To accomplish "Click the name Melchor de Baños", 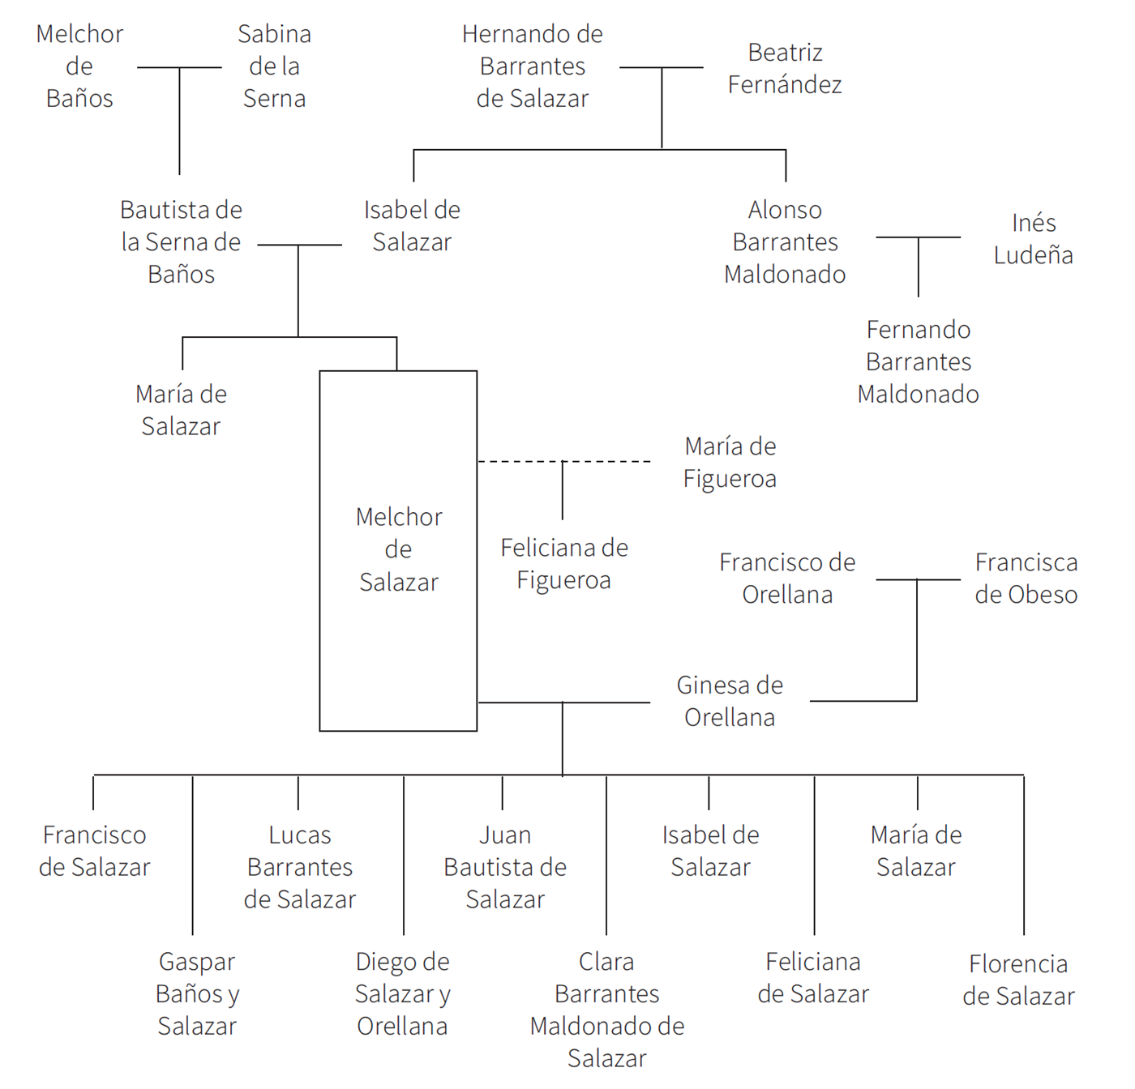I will [x=79, y=66].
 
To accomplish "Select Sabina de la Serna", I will [x=274, y=66].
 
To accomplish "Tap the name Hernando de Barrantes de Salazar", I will [x=533, y=66].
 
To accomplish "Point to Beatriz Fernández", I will [x=785, y=68].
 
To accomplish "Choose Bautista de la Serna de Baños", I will [x=181, y=242].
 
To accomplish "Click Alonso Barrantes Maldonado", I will [x=785, y=242].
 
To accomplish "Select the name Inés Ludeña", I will [x=1033, y=239].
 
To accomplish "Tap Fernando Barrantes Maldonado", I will [x=919, y=361].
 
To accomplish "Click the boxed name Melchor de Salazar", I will [x=399, y=549].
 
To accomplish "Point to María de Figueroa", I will [x=730, y=463].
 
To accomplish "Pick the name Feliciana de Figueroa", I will [x=564, y=564].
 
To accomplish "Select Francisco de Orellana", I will [x=787, y=579].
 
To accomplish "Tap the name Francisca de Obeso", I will [x=1026, y=579].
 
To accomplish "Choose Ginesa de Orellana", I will [x=730, y=701].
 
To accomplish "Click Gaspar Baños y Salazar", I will [x=197, y=993].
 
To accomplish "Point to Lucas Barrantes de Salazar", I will [x=300, y=867].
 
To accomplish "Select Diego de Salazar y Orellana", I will [x=403, y=993].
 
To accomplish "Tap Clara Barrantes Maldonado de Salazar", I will [x=607, y=1010].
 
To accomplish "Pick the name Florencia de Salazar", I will [x=1018, y=980].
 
